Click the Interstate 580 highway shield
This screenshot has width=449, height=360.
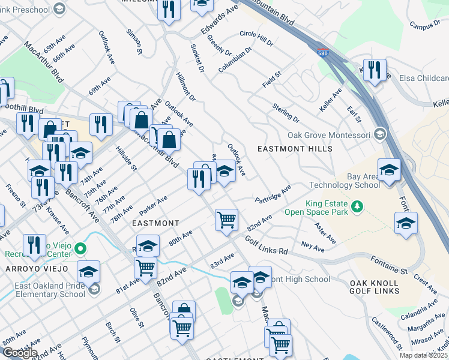[323, 52]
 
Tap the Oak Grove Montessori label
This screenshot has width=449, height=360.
[330, 135]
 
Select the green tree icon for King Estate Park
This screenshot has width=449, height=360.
[357, 206]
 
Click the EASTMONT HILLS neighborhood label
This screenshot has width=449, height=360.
[294, 148]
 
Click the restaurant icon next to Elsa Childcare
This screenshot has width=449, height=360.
[374, 70]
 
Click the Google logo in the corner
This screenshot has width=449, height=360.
[19, 353]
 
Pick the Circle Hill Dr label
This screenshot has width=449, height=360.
[256, 38]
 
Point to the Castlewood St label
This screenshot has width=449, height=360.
[387, 333]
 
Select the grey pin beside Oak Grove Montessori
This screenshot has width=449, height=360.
[379, 134]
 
